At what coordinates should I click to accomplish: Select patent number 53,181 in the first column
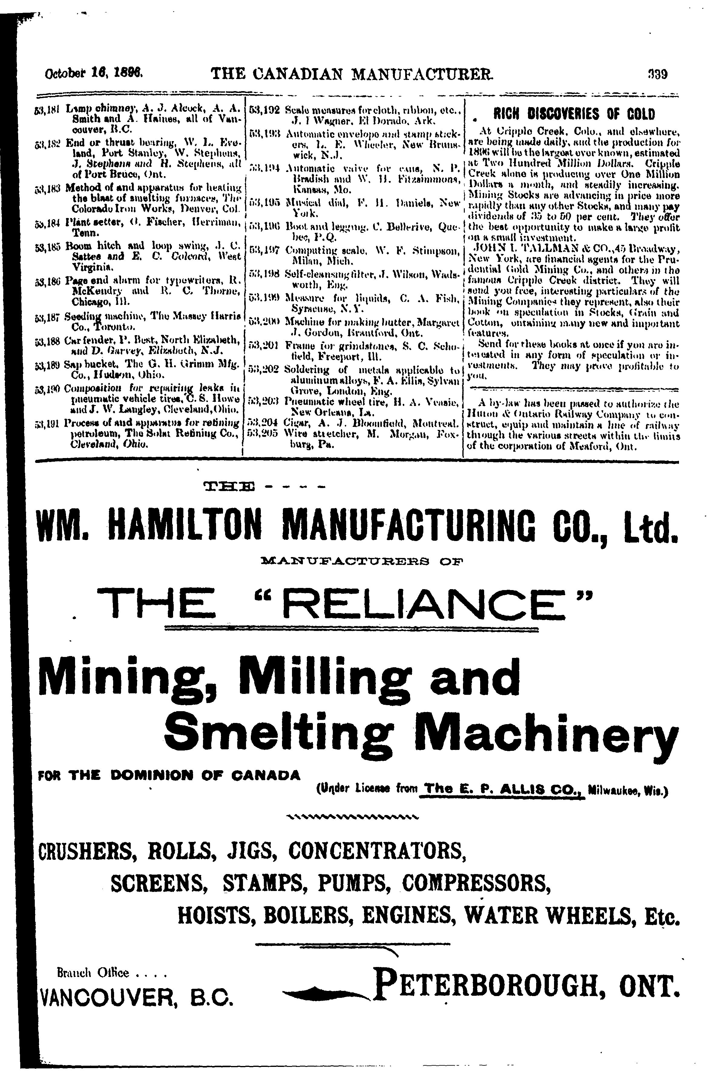tap(45, 109)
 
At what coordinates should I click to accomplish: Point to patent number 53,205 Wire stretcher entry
tap(263, 435)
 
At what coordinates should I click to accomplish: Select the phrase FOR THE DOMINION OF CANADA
tap(169, 775)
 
